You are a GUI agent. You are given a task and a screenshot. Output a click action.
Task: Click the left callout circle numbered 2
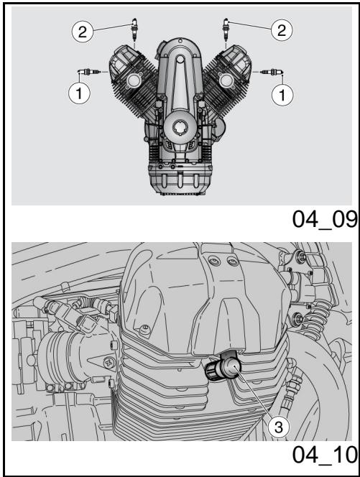pyautogui.click(x=83, y=32)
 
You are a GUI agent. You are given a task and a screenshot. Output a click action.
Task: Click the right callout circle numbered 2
pyautogui.click(x=282, y=30)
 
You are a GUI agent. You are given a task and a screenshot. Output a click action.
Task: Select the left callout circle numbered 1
pyautogui.click(x=79, y=93)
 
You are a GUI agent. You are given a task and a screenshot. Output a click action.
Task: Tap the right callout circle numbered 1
pyautogui.click(x=282, y=95)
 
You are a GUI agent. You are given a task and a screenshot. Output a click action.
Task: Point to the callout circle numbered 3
pyautogui.click(x=279, y=427)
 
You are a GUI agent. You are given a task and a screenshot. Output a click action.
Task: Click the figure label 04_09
pyautogui.click(x=325, y=219)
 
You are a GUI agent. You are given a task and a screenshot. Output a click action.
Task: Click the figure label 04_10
pyautogui.click(x=325, y=455)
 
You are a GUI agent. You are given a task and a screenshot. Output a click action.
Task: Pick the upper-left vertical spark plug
pyautogui.click(x=134, y=30)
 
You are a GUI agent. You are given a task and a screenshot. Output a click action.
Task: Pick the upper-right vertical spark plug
pyautogui.click(x=226, y=30)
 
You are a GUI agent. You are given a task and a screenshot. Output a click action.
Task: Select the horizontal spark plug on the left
pyautogui.click(x=88, y=72)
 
